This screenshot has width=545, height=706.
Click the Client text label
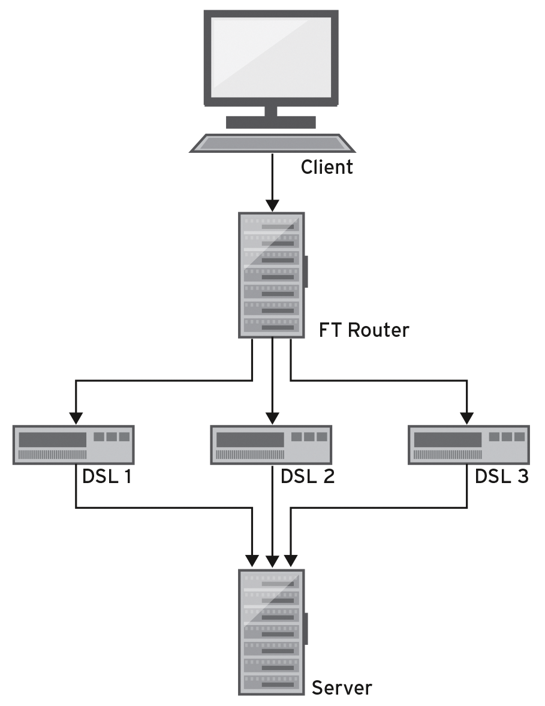click(327, 166)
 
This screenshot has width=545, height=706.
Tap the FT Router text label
click(363, 330)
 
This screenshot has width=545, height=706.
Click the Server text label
click(341, 687)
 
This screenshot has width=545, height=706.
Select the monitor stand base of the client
click(271, 122)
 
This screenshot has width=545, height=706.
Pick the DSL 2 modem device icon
click(271, 445)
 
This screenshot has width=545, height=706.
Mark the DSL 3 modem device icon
click(468, 445)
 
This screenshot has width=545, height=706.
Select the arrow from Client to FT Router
click(272, 180)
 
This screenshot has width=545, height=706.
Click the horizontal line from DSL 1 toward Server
click(162, 508)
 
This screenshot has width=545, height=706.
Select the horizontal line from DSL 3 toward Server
click(378, 508)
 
